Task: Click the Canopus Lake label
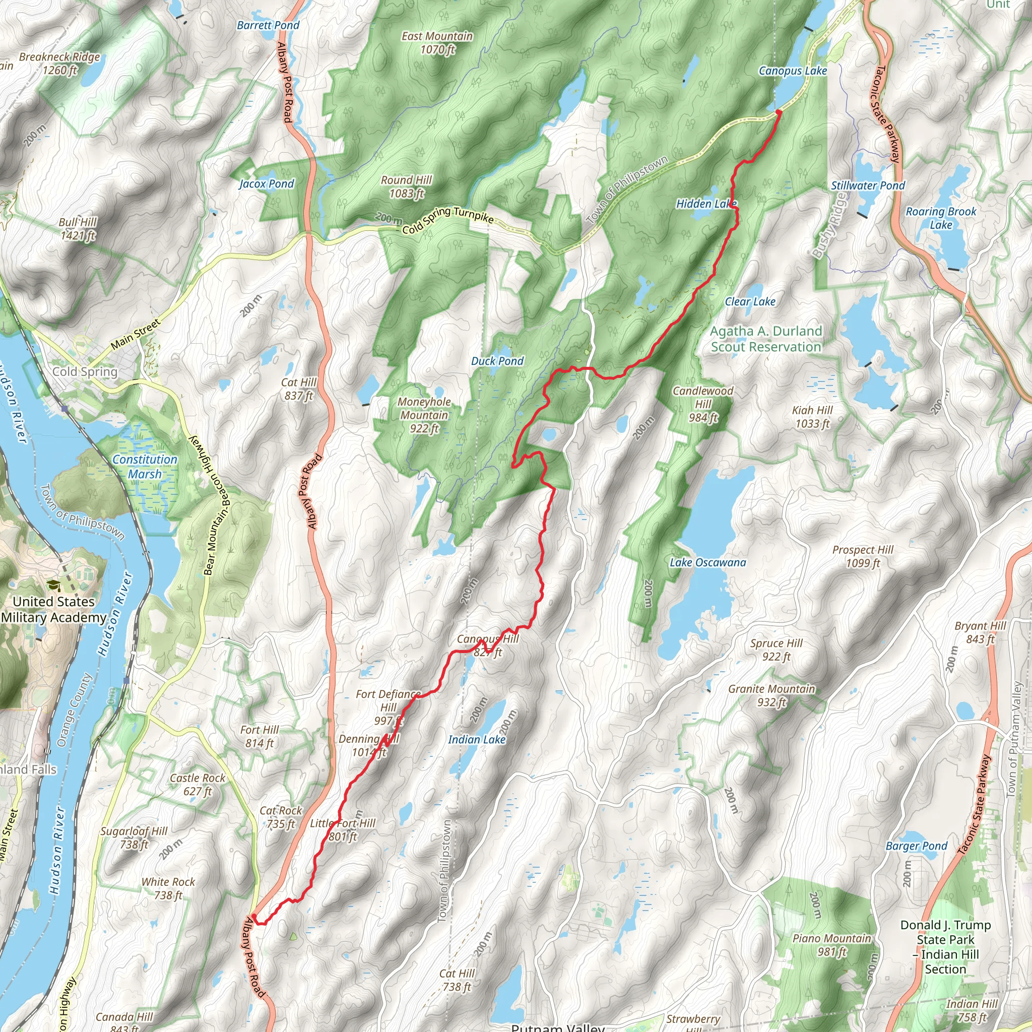(x=792, y=71)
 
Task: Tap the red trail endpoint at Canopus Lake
(x=778, y=112)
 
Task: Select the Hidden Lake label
(x=705, y=204)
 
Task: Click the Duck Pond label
(x=497, y=361)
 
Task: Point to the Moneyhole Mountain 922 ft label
(x=424, y=415)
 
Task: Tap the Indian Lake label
(x=477, y=739)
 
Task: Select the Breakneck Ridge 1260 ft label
(x=59, y=63)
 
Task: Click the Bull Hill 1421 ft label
(x=78, y=229)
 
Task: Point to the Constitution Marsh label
(x=144, y=466)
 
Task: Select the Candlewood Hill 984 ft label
(x=702, y=404)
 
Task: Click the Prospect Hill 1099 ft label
(x=862, y=556)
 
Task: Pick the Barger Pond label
(x=916, y=846)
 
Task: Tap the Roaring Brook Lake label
(x=941, y=218)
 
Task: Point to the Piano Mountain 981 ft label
(x=831, y=945)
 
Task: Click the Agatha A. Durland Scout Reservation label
(x=765, y=339)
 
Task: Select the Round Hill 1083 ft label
(x=406, y=186)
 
